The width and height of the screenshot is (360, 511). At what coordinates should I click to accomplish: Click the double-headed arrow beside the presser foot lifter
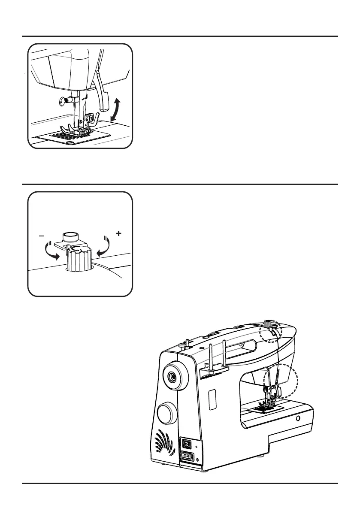pyautogui.click(x=115, y=109)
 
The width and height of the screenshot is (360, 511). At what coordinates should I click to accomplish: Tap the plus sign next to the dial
pyautogui.click(x=118, y=234)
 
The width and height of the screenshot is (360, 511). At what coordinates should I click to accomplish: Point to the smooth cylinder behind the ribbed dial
pyautogui.click(x=71, y=236)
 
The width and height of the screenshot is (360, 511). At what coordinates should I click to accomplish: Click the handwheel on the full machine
pyautogui.click(x=172, y=377)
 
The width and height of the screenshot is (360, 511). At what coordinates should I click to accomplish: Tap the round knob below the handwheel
pyautogui.click(x=167, y=414)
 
